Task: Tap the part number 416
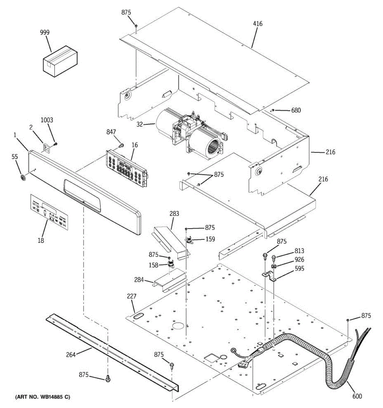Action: pos(258,24)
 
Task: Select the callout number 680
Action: pos(296,111)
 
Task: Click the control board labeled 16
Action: pos(128,167)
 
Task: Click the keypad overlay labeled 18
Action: pos(49,213)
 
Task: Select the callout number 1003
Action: pos(47,120)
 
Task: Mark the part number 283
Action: pos(174,214)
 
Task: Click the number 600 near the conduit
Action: pos(357,396)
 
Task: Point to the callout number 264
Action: pos(71,355)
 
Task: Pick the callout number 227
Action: pos(131,296)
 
